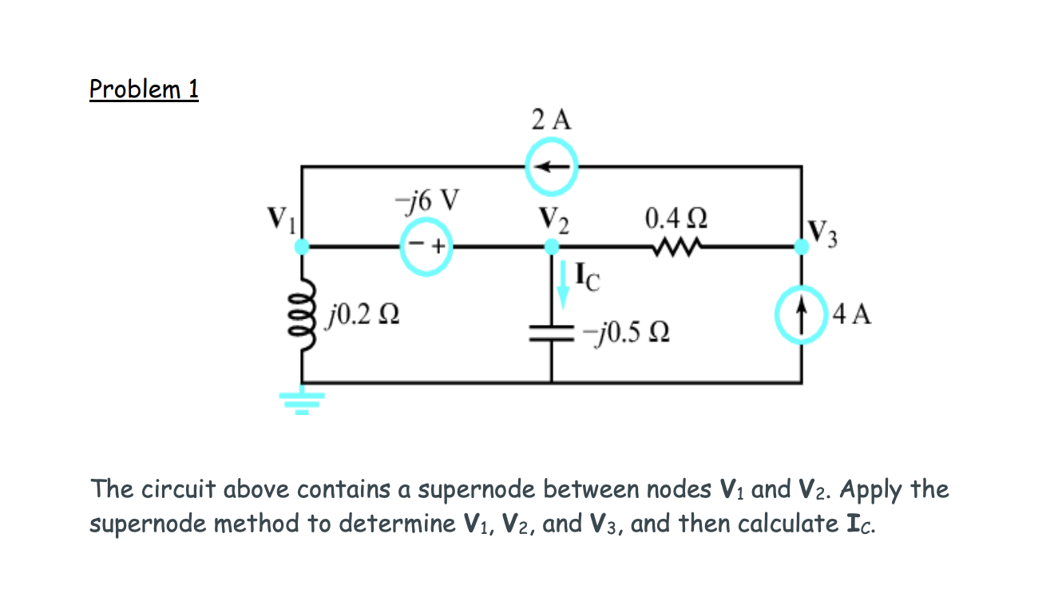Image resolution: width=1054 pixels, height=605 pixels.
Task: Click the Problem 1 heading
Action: pyautogui.click(x=144, y=89)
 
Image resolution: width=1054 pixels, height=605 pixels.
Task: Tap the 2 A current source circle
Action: pyautogui.click(x=551, y=166)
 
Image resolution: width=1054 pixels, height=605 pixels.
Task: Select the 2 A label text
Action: pyautogui.click(x=551, y=120)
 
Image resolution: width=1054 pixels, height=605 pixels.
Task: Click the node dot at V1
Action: pyautogui.click(x=302, y=247)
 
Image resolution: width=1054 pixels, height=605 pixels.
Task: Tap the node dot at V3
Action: pyautogui.click(x=801, y=247)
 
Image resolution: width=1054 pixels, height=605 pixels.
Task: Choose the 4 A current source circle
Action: pyautogui.click(x=801, y=314)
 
